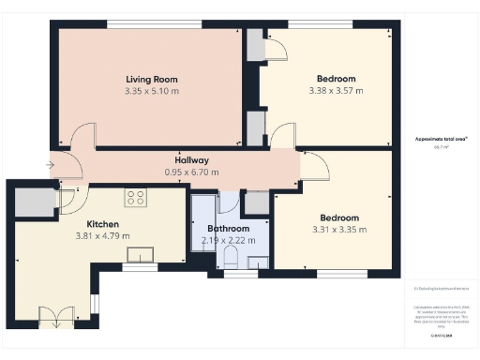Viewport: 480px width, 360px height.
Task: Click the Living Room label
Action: point(151,80)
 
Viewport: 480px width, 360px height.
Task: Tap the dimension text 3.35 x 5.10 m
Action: point(151,92)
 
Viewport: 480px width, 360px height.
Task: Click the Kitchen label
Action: point(103,224)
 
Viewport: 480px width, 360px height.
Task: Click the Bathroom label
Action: point(229,229)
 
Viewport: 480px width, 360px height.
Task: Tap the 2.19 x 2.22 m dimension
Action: point(229,241)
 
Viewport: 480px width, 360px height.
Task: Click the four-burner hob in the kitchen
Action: point(136,198)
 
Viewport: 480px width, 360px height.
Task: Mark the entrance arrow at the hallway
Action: point(50,165)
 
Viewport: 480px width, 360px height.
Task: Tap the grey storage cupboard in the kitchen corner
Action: point(37,200)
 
